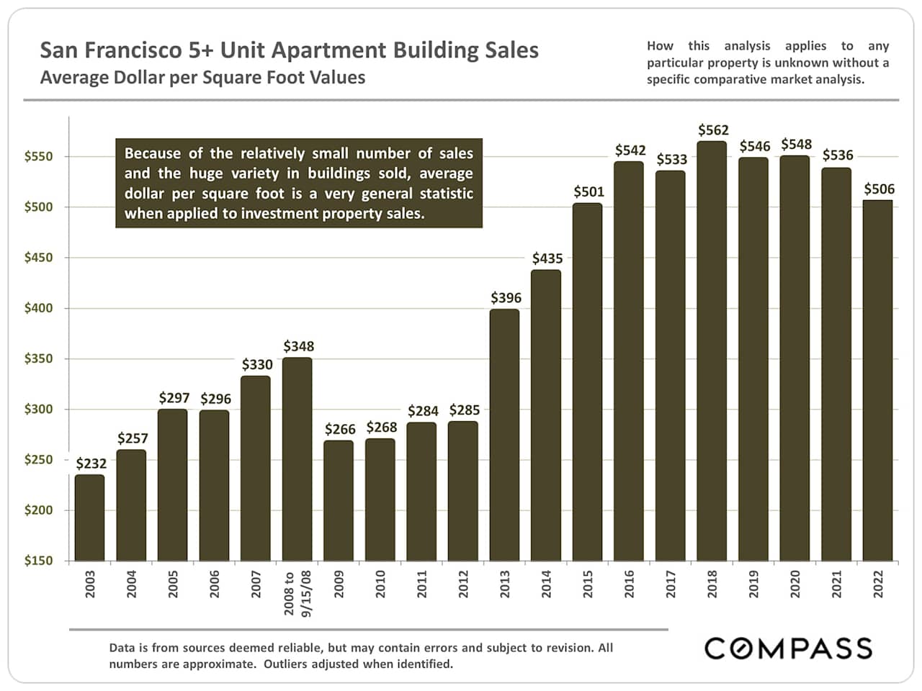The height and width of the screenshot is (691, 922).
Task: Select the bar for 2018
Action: point(712,351)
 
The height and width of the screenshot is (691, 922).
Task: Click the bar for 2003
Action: point(89,518)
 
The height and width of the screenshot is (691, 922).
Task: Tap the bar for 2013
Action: point(504,435)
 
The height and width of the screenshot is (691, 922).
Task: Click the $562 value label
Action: point(713,130)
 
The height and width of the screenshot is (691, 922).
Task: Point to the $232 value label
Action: point(91,464)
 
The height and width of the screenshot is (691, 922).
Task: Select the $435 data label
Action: point(547,258)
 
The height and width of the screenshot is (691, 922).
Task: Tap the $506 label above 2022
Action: point(879,189)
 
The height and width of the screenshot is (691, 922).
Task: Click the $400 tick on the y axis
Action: point(38,308)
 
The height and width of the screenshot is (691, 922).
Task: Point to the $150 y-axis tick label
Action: point(38,561)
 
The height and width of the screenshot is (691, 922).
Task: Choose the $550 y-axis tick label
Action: point(38,156)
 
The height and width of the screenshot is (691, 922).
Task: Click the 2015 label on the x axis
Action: point(588,584)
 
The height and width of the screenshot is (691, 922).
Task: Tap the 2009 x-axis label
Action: point(339,584)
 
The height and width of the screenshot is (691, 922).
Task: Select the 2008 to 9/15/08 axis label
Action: point(297,593)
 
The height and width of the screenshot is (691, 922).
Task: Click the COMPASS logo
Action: point(788,648)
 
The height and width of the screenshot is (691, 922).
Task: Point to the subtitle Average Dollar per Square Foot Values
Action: point(202,78)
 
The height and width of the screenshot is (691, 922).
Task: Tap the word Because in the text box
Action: point(153,153)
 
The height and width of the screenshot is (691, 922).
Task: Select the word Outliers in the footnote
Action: point(291,664)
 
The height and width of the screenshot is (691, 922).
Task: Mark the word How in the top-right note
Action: point(660,46)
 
